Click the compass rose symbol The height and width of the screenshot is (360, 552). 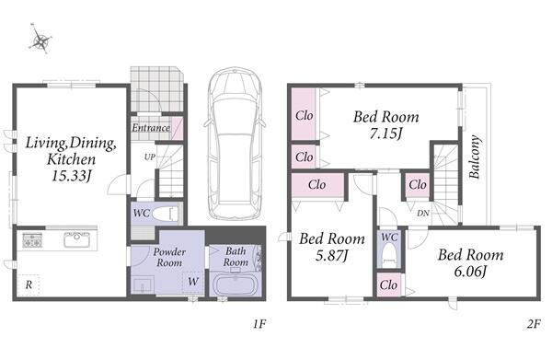coord(40,39)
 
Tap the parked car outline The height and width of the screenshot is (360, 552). coord(235,143)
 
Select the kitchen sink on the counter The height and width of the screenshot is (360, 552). coord(76,239)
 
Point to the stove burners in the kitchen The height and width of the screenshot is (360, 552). coord(32,240)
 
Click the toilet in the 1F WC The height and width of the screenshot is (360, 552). coord(166,214)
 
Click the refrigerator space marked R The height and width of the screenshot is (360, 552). coord(29,285)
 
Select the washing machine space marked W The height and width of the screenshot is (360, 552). coord(193,282)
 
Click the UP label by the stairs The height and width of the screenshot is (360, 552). coord(150,157)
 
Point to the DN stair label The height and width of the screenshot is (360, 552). coord(423,213)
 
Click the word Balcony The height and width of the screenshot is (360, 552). coord(475,157)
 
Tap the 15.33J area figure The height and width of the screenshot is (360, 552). coord(72,176)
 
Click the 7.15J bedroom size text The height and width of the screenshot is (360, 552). coord(385,134)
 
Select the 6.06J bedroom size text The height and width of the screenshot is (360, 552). coord(470,272)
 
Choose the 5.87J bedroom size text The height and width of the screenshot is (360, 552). coord(331,255)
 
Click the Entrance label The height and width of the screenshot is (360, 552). coord(151,127)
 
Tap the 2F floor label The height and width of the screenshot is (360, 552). coord(534,324)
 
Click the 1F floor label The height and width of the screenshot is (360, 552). coord(259,324)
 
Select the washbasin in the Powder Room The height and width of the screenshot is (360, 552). coord(143,285)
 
